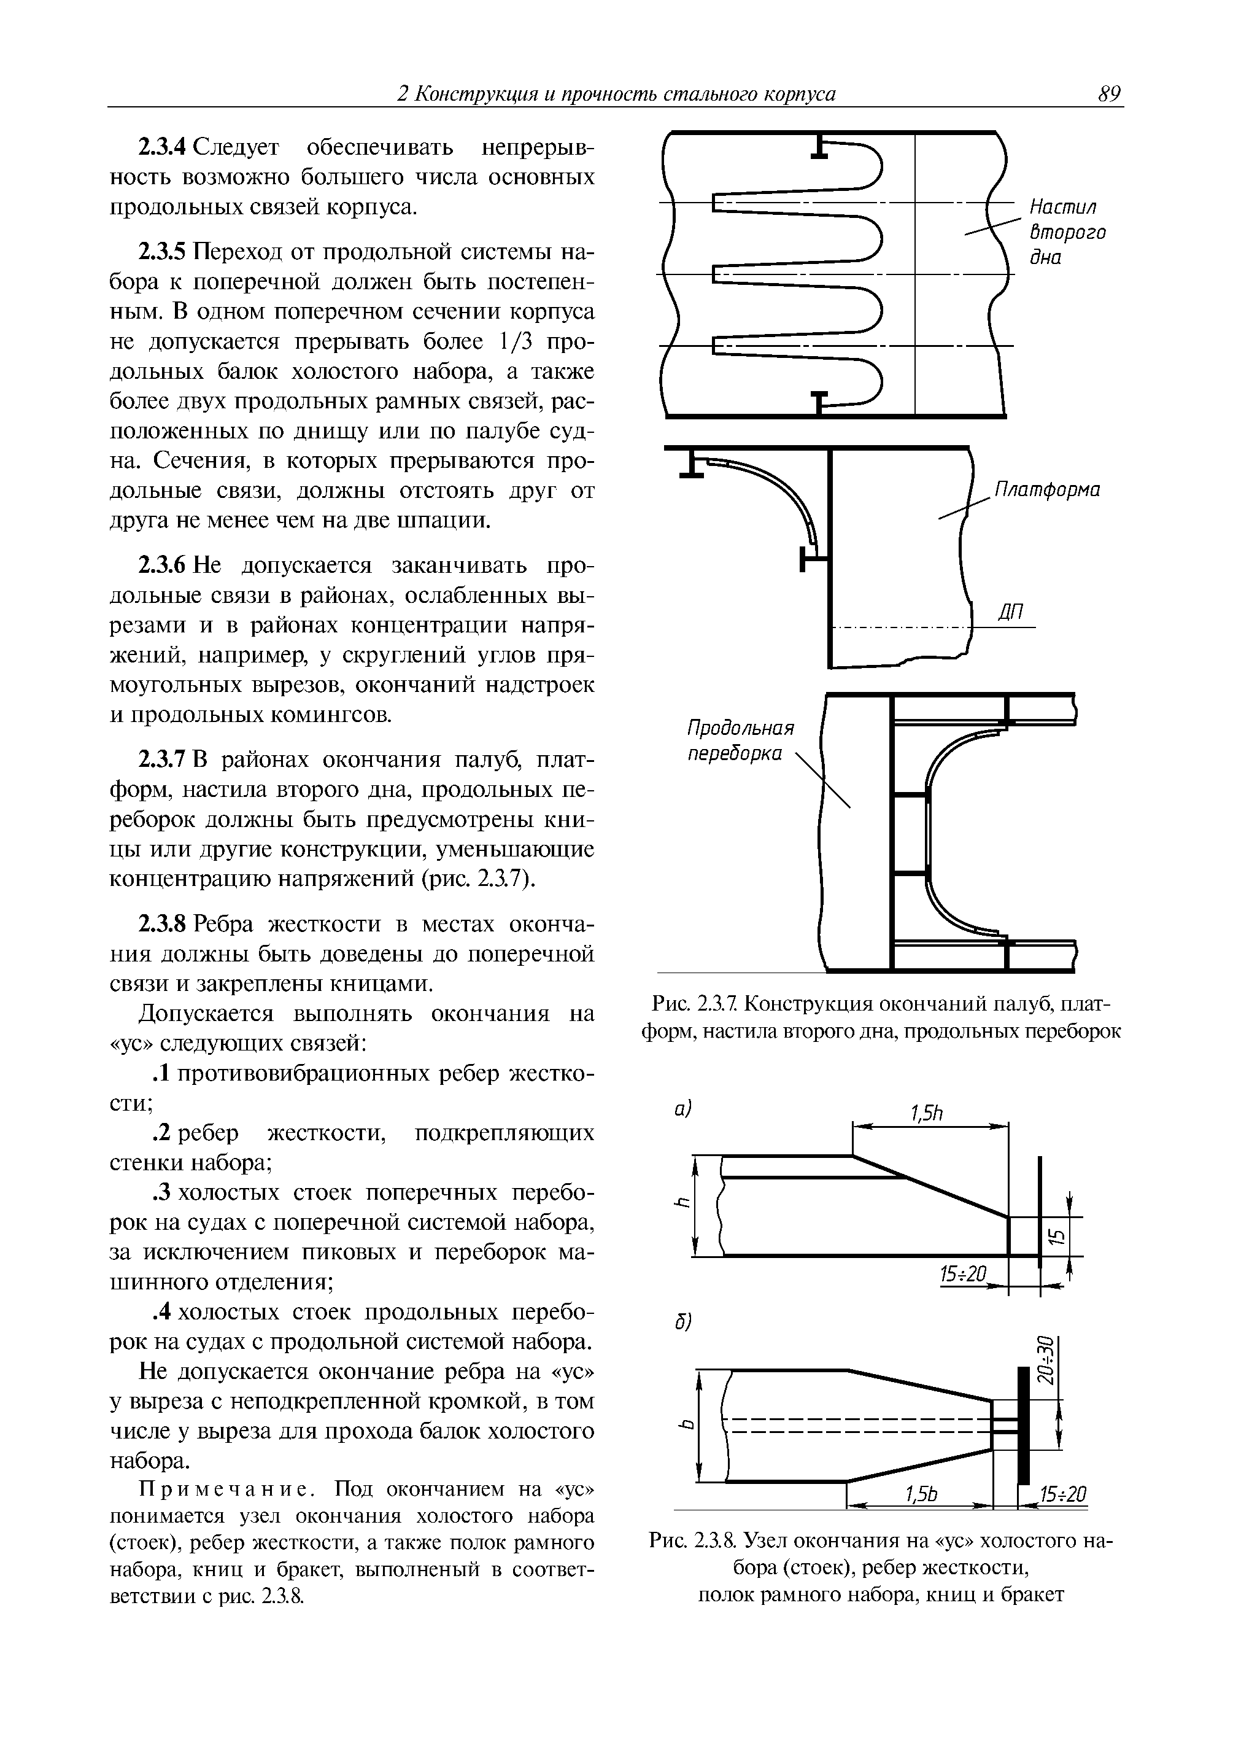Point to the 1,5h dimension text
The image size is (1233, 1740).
pyautogui.click(x=926, y=1114)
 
